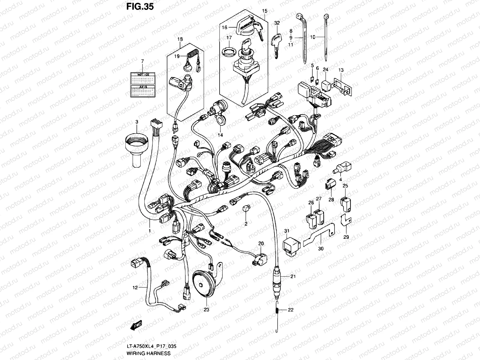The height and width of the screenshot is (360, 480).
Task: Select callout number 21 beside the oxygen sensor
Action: point(293,276)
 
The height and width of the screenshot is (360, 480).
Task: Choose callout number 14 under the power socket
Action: point(220,135)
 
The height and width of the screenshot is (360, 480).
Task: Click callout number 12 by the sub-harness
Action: point(135,287)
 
